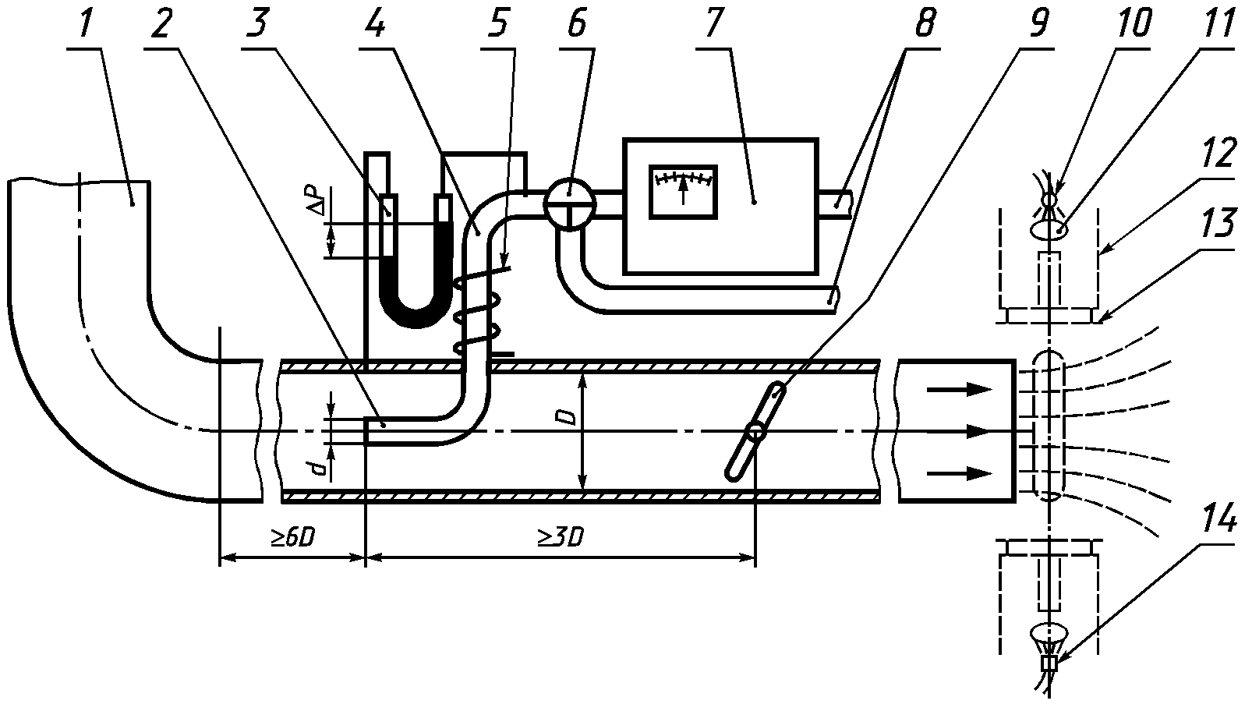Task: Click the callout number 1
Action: point(84,24)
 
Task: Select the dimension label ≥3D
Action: point(561,538)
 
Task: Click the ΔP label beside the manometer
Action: point(317,200)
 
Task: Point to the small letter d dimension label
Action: point(319,468)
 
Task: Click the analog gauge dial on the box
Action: point(683,190)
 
